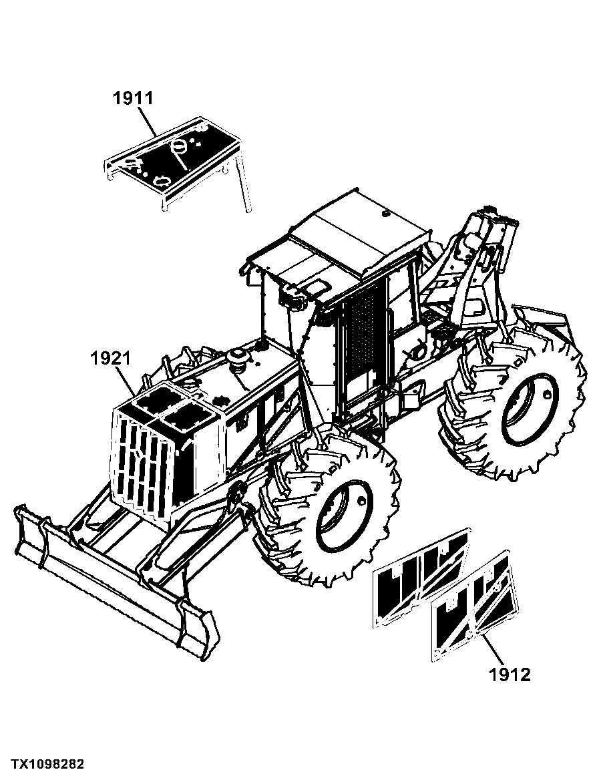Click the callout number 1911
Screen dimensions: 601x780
point(133,98)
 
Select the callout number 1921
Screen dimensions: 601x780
point(110,358)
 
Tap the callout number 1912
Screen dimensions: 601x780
point(510,675)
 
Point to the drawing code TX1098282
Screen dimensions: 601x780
point(48,763)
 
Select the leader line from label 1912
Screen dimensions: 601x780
point(493,648)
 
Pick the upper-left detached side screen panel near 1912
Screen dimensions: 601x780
point(421,576)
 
